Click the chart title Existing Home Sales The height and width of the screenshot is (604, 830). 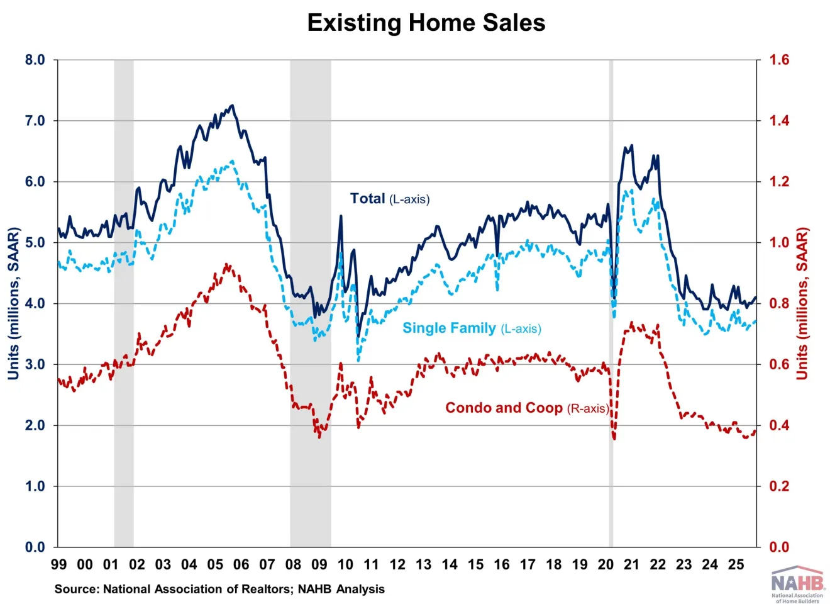[426, 23]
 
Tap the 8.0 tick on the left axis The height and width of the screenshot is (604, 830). [35, 60]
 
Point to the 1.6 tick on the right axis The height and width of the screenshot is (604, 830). [779, 60]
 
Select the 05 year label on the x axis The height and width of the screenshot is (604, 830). [215, 564]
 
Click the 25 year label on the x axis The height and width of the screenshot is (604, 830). [736, 564]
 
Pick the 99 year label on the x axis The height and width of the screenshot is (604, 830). [58, 564]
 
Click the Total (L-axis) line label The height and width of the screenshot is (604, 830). [389, 199]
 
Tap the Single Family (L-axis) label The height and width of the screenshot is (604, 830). [472, 328]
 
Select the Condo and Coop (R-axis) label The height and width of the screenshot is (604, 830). [527, 408]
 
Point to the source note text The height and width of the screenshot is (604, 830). [219, 589]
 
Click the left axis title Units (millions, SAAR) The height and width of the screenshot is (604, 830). [13, 303]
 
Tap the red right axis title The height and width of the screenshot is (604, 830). [802, 303]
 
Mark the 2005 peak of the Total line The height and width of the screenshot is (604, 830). [232, 106]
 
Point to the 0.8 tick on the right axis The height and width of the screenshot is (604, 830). [779, 303]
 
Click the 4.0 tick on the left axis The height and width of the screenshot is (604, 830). [35, 303]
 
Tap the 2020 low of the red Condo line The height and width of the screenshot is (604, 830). [614, 438]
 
